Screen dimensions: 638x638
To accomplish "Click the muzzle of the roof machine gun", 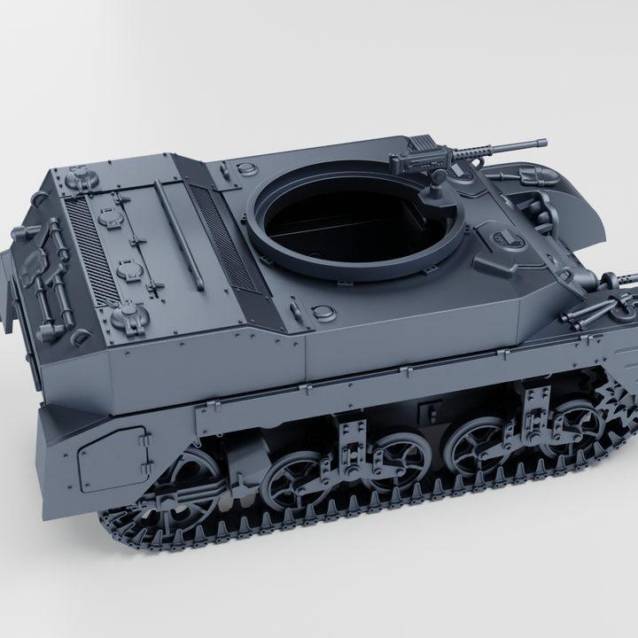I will (541, 141).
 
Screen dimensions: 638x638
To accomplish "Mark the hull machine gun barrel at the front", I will (620, 278).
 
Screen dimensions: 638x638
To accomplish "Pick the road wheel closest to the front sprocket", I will (572, 421).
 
